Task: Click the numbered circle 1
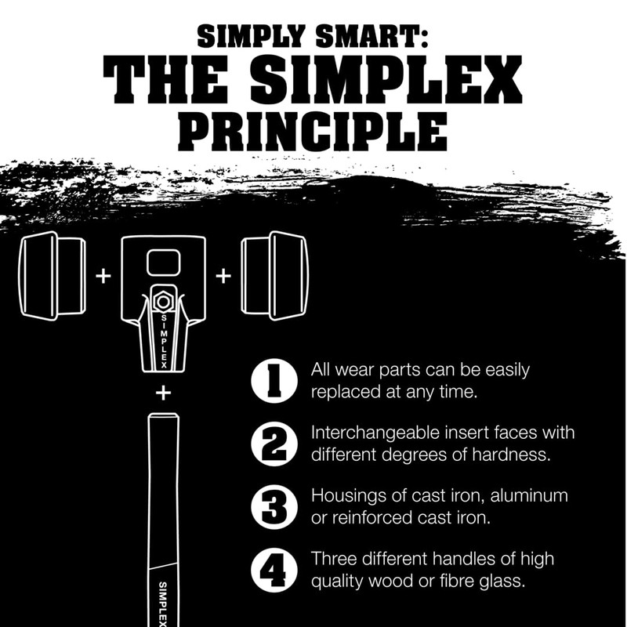(x=274, y=381)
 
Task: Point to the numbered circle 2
(x=274, y=444)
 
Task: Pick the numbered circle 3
(x=274, y=506)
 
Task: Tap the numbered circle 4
(x=274, y=570)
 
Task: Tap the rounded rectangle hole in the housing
(x=163, y=262)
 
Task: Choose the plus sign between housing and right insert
(x=223, y=276)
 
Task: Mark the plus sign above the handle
(x=163, y=393)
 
